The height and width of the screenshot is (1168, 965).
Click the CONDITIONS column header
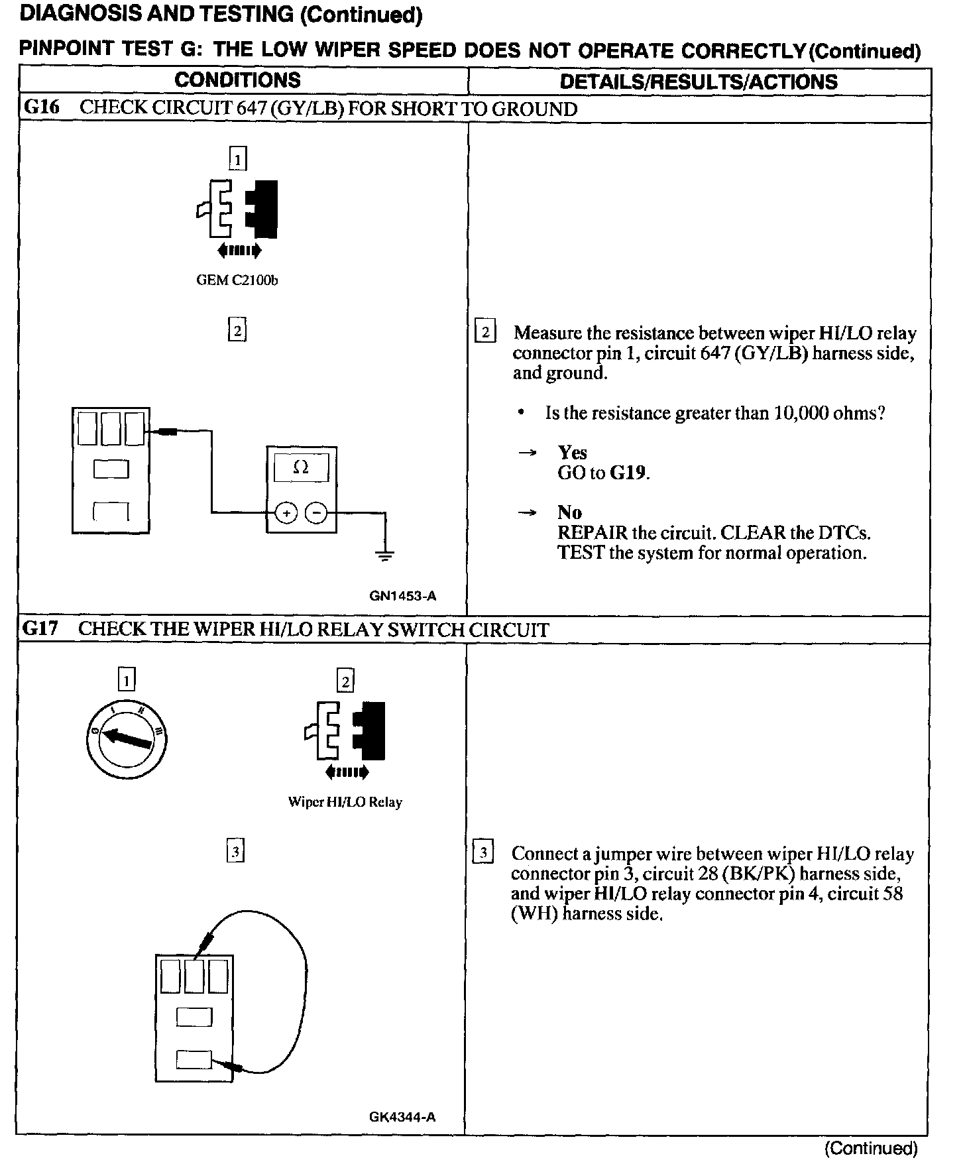coord(237,80)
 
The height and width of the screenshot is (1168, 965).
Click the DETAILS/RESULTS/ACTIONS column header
coord(699,82)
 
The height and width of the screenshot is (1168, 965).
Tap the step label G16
coord(41,107)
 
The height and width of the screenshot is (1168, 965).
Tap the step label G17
coord(40,628)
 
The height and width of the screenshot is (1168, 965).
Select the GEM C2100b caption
coord(237,280)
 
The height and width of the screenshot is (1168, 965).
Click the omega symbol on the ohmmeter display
coord(301,467)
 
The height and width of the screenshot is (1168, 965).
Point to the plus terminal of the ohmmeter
coord(286,513)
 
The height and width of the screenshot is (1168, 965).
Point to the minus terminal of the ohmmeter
coord(316,513)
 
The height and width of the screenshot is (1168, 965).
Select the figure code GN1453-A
coord(402,596)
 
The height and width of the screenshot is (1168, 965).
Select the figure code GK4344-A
coord(402,1117)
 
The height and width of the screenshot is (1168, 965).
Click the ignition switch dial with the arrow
coord(126,738)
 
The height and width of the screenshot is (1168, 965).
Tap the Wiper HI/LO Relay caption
coord(345,802)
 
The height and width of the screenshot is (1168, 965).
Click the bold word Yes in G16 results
coord(572,452)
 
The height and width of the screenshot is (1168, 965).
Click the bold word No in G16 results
coord(569,512)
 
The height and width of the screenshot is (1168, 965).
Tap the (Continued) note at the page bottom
coord(871,1148)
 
